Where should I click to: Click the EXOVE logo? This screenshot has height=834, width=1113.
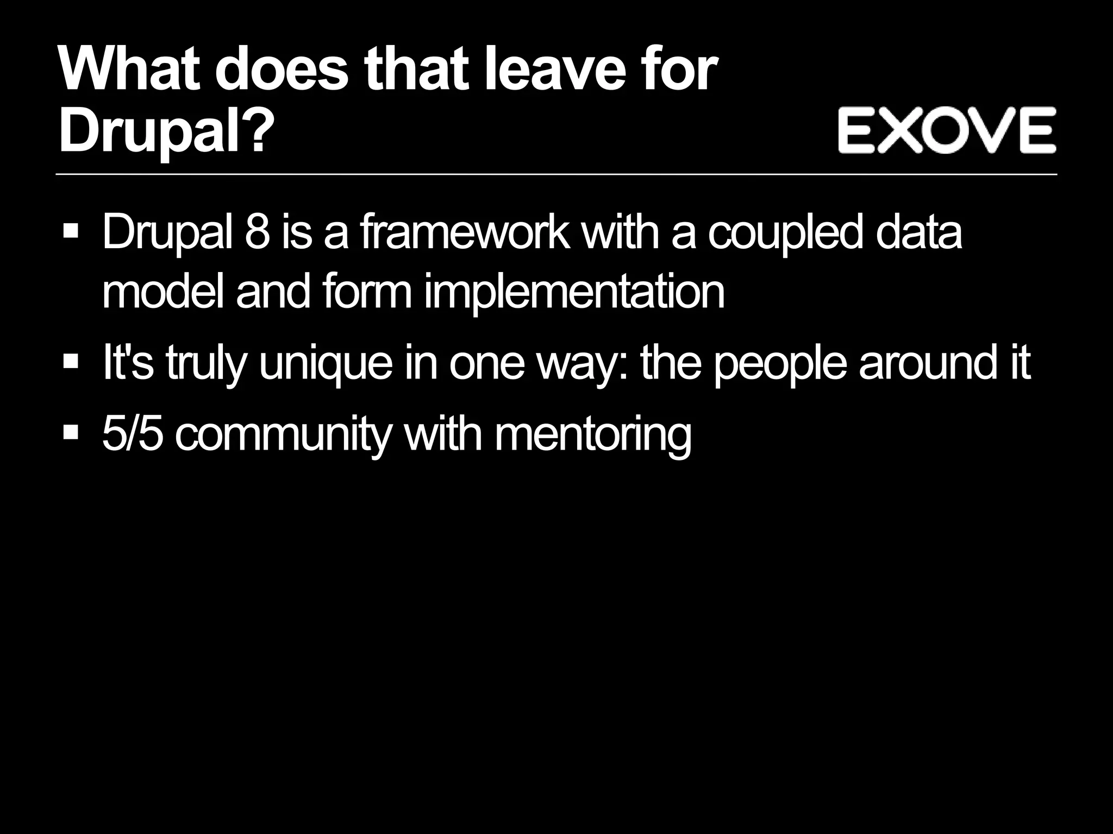coord(946,130)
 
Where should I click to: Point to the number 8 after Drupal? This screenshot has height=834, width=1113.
coord(257,232)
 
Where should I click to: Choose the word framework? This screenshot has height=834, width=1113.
coord(465,232)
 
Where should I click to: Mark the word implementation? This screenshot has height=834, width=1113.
coord(574,293)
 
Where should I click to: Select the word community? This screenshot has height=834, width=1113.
coord(283,435)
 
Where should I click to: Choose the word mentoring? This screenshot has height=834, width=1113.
coord(593,435)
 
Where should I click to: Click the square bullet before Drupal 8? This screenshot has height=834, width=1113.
coord(71,232)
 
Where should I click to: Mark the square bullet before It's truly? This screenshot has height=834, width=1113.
coord(71,362)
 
